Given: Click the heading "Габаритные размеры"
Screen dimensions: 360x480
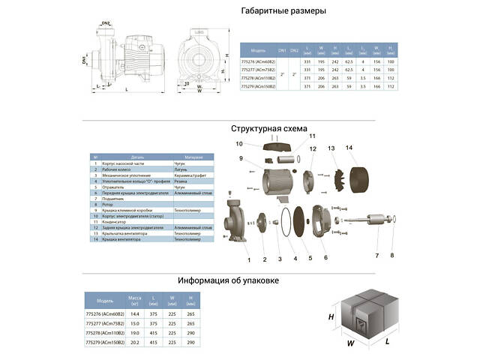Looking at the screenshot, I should coord(273,11).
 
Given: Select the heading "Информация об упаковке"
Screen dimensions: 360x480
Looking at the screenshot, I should coord(238,280).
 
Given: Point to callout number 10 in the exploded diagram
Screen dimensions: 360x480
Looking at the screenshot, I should coord(240,143).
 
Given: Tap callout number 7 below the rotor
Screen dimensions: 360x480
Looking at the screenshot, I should coord(377,255).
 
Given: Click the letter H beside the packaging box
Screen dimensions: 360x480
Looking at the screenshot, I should coord(331,316).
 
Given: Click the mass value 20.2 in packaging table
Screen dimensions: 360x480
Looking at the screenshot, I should coord(135,342).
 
